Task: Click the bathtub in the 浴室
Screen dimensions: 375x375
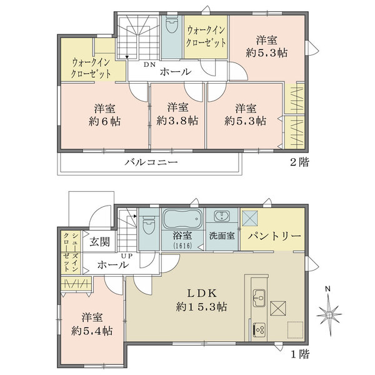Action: [x=181, y=219]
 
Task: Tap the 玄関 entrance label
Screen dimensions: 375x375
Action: [x=99, y=241]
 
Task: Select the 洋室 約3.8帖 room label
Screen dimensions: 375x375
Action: [x=177, y=113]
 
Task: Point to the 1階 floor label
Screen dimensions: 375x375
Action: [x=299, y=354]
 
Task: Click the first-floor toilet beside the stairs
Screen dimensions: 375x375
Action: [x=148, y=224]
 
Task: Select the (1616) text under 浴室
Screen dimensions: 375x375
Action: [x=181, y=246]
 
